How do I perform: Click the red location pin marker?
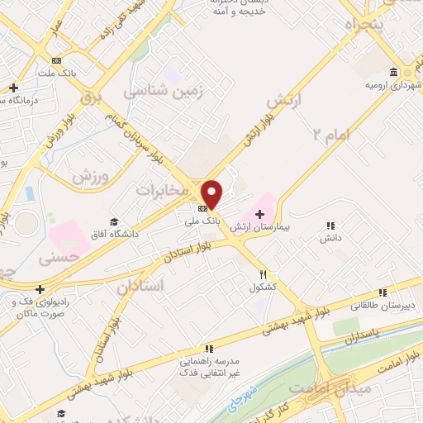pyautogui.click(x=212, y=193)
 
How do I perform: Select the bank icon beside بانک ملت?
pyautogui.click(x=56, y=60)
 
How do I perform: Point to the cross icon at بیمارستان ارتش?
pyautogui.click(x=259, y=214)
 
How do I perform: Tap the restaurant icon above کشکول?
pyautogui.click(x=263, y=275)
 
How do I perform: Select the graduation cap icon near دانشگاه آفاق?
pyautogui.click(x=113, y=222)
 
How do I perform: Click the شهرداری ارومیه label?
pyautogui.click(x=392, y=85)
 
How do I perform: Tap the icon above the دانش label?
pyautogui.click(x=330, y=226)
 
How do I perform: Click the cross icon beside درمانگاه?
pyautogui.click(x=13, y=88)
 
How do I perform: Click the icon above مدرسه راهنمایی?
pyautogui.click(x=209, y=349)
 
